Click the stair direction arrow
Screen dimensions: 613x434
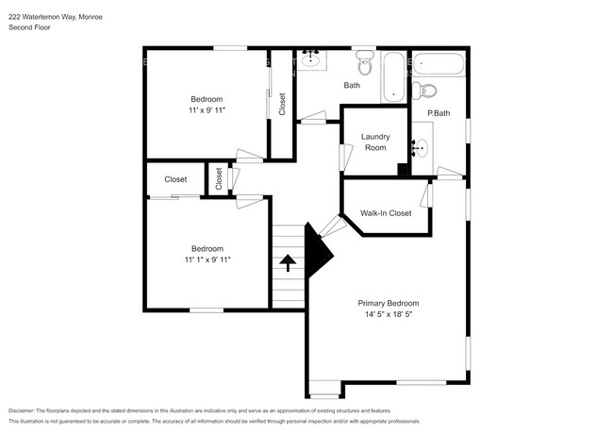[289, 262]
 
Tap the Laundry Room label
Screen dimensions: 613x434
[375, 142]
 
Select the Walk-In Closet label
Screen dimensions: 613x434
[386, 213]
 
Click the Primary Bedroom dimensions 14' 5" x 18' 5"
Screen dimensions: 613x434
[389, 314]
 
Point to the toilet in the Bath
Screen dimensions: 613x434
[365, 63]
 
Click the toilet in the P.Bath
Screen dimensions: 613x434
[424, 91]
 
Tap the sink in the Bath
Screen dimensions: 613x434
[311, 59]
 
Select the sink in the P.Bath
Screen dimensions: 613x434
[421, 148]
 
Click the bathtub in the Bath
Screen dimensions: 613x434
[393, 77]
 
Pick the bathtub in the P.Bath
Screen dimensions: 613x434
[439, 64]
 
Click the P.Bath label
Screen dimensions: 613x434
[439, 113]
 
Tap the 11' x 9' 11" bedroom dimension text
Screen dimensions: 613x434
[207, 110]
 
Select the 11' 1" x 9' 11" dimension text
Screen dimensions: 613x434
[207, 259]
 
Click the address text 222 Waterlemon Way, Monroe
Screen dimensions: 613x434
[56, 17]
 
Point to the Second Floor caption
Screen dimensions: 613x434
[29, 27]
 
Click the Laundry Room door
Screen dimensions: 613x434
[346, 158]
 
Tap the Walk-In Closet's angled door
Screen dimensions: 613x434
[333, 226]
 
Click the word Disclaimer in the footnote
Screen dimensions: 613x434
[21, 411]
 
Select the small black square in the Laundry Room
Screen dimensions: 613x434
[403, 169]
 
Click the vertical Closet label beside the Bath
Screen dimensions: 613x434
[282, 104]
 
